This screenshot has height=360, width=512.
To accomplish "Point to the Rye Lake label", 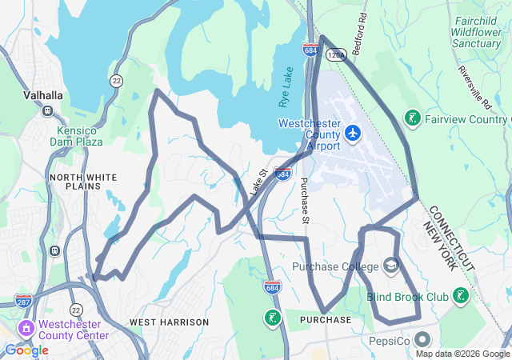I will pyautogui.click(x=285, y=88).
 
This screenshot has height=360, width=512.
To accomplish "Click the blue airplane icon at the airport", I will pyautogui.click(x=353, y=133).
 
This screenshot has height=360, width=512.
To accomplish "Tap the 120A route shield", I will pyautogui.click(x=337, y=54).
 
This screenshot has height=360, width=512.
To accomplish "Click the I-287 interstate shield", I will pyautogui.click(x=23, y=302).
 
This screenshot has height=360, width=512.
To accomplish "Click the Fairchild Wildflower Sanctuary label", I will pyautogui.click(x=465, y=32).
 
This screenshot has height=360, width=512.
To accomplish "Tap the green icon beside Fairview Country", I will pyautogui.click(x=413, y=119).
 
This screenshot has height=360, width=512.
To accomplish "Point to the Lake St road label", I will pyautogui.click(x=257, y=182).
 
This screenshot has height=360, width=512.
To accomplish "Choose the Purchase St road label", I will pyautogui.click(x=304, y=200).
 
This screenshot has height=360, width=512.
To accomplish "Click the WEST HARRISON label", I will pyautogui.click(x=169, y=322).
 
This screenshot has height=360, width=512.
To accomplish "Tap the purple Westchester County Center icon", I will pyautogui.click(x=26, y=328).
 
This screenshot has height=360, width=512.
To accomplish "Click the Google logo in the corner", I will pyautogui.click(x=26, y=350).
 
